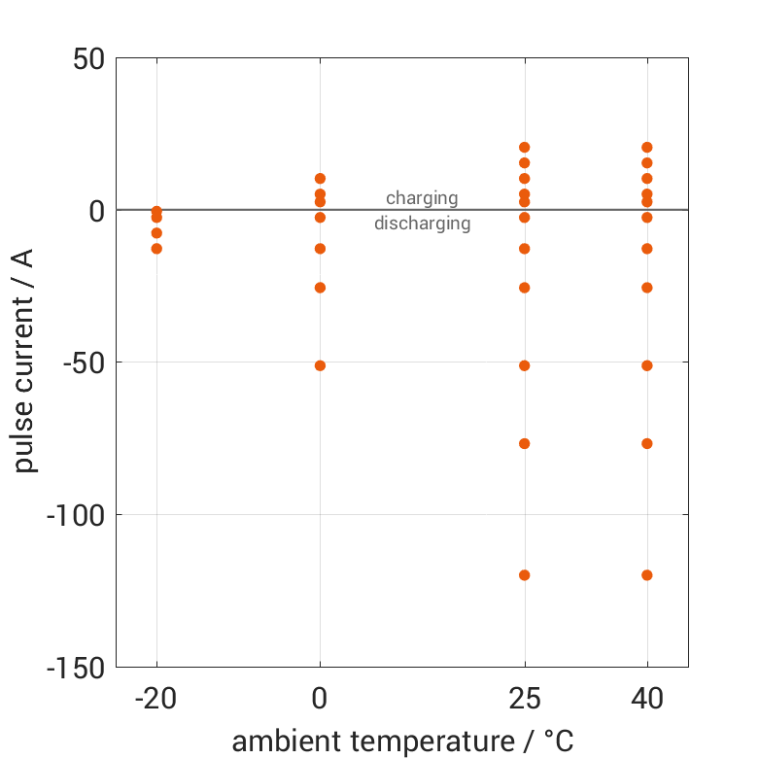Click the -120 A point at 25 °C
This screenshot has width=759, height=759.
525,575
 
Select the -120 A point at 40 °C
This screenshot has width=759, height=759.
647,575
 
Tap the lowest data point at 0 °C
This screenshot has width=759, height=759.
320,365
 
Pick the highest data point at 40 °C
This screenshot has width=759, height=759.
647,148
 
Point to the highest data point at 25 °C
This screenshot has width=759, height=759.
525,148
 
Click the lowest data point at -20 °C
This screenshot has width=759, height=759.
156,249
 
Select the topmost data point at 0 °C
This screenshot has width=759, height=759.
320,179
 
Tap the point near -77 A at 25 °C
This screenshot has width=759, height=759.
525,444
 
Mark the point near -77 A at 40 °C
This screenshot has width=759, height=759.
647,444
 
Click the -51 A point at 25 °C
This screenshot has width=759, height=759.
525,365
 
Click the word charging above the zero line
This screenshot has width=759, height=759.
422,198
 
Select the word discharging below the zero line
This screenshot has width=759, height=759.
422,224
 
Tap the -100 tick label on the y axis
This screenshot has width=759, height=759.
75,515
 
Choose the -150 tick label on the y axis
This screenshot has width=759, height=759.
75,668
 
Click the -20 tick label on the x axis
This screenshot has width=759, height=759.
155,699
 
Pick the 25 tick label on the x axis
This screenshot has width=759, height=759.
525,699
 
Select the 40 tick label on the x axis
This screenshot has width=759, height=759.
647,699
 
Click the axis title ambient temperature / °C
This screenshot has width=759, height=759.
402,742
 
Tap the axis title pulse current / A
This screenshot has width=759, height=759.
25,362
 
